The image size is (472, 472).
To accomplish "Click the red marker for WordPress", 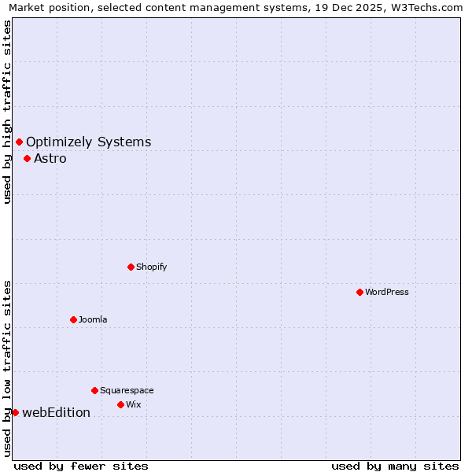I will pos(360,292).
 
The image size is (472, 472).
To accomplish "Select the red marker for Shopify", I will pos(131,267).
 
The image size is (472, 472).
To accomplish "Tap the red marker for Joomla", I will pos(73,319).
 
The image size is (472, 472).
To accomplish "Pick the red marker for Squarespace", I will pos(94,390).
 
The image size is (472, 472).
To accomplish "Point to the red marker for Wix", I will pos(120,404).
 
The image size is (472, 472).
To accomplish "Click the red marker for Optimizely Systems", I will pos(19,142).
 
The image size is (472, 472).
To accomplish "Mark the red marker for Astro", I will pos(27,158).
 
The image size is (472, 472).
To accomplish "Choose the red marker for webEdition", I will pos(15,412).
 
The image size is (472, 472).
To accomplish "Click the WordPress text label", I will pos(387,292).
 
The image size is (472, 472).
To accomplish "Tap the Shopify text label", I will pos(152,267).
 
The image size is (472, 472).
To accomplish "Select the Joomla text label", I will pos(93,319).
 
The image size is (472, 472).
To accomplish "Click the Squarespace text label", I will pos(127,390).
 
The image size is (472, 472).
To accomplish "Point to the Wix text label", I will pos(134,404).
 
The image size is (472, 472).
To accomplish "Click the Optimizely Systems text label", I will pos(88,142).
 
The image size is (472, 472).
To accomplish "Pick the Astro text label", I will pos(50,158).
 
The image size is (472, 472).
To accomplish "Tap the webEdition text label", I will pos(56,412).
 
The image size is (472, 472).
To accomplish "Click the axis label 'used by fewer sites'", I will pos(81,466).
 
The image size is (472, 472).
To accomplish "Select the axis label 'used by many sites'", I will pos(395,466).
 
